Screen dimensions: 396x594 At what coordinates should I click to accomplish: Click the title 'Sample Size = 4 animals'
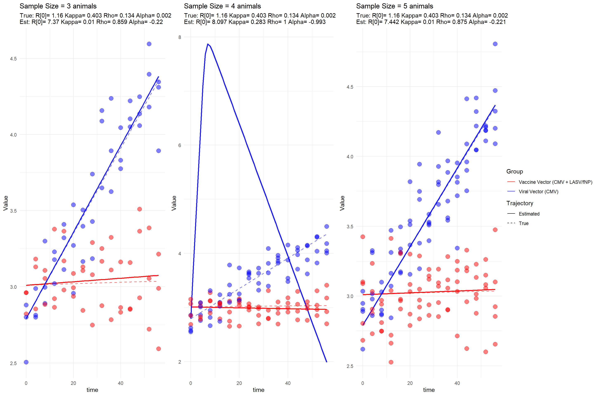tap(222, 6)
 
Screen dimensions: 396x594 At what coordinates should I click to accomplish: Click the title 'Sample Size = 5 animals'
tap(395, 6)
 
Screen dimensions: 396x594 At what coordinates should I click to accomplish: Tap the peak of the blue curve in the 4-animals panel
tap(208, 44)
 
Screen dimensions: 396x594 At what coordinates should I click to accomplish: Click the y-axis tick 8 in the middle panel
tap(180, 37)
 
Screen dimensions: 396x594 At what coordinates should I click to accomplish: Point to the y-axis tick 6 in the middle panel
tap(180, 145)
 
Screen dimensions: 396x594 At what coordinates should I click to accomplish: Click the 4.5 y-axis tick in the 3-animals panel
tap(13, 59)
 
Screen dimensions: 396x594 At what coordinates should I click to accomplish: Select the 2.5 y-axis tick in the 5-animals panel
tap(350, 366)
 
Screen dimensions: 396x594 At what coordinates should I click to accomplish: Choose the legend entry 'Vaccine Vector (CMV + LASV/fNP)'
tap(555, 182)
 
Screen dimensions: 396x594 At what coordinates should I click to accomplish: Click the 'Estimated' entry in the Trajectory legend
tap(529, 214)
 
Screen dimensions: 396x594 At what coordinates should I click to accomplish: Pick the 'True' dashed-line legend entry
tap(523, 223)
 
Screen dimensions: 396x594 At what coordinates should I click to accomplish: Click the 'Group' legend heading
tap(514, 171)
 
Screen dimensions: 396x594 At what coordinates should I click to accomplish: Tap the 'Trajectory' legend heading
tap(520, 203)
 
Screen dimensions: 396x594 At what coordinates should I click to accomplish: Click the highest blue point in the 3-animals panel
tap(149, 44)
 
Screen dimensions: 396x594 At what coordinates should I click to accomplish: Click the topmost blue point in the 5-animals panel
tap(495, 44)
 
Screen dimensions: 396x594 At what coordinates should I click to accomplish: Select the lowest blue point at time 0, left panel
tap(26, 362)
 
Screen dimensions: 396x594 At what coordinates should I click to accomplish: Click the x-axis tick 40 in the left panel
tap(120, 383)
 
